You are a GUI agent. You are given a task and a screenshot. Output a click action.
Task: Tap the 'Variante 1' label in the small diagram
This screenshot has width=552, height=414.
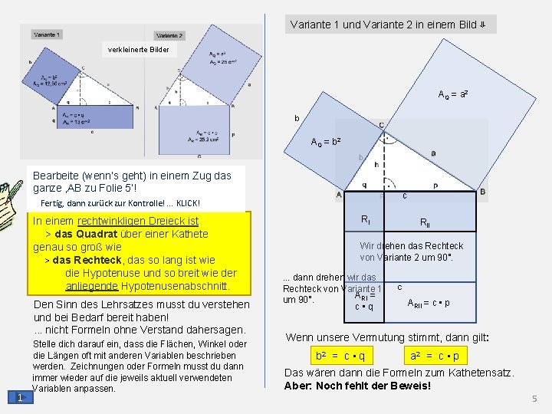[x=48, y=34]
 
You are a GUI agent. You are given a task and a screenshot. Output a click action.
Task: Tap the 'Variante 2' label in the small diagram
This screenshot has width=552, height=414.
[x=169, y=35]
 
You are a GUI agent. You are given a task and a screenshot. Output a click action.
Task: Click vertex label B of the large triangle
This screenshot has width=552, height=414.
[x=482, y=192]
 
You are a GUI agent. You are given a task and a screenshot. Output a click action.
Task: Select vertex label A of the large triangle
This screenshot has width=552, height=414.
[x=339, y=195]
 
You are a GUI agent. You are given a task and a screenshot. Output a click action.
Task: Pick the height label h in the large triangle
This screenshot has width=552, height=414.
[x=376, y=163]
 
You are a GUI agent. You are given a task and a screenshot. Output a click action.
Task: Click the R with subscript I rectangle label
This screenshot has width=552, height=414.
[x=366, y=219]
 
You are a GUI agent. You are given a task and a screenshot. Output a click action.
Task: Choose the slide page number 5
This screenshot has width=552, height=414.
[x=535, y=399]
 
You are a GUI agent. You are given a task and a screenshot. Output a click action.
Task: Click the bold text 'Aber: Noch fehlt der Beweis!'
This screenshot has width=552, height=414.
[x=357, y=386]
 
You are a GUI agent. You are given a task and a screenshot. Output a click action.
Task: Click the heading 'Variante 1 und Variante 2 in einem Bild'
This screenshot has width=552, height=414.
[x=388, y=25]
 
